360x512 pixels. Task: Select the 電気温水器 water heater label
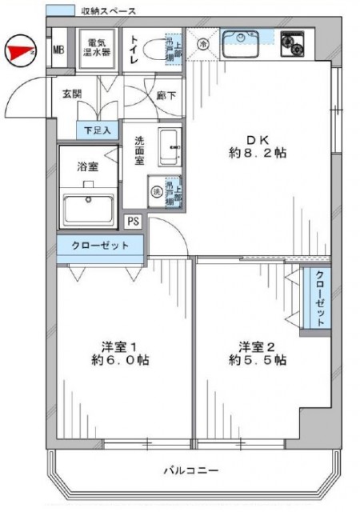click(100, 48)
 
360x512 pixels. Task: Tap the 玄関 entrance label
click(71, 94)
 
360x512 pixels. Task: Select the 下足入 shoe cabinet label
click(99, 128)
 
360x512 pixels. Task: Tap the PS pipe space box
click(132, 222)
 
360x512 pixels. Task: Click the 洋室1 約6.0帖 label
click(120, 353)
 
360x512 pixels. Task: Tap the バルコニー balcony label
click(191, 470)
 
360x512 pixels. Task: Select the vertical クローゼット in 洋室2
click(320, 298)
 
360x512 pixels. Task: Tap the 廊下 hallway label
click(166, 94)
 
